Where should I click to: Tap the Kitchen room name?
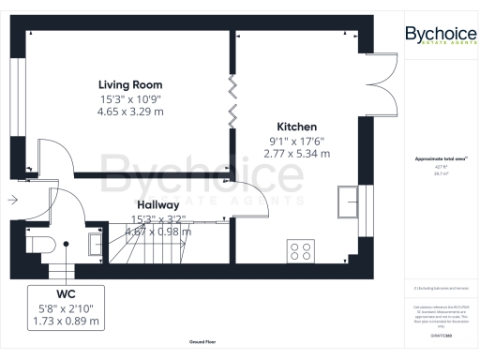click(296, 127)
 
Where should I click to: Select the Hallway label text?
click(157, 205)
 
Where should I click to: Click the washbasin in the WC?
click(94, 245)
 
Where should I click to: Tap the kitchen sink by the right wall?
click(351, 200)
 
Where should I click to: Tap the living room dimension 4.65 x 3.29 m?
click(131, 111)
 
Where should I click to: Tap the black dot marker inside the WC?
click(67, 245)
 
